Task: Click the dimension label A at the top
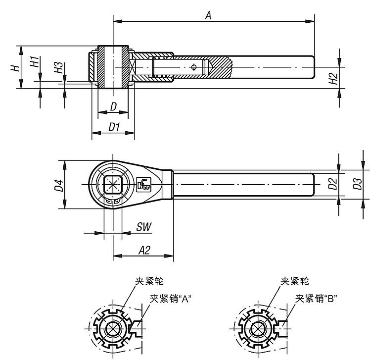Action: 208,15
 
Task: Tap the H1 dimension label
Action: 34,62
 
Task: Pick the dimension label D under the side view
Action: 113,106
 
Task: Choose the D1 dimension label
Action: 114,127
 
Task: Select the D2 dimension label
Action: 332,184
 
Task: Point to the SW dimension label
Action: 143,227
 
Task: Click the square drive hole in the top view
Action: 113,184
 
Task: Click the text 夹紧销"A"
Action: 170,298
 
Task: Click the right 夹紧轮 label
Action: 295,281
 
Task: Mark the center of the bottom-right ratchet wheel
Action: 257,329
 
